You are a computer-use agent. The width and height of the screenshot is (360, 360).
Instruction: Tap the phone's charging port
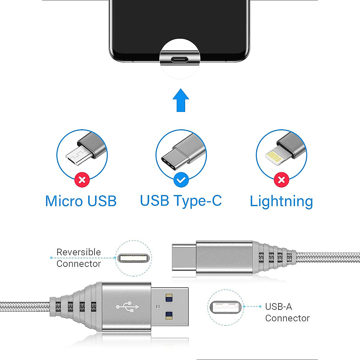(x=180, y=59)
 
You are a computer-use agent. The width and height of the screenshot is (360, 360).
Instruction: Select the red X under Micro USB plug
(x=82, y=180)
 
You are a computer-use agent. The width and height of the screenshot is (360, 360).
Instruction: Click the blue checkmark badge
(x=181, y=180)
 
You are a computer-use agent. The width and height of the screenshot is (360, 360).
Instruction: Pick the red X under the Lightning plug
(x=281, y=180)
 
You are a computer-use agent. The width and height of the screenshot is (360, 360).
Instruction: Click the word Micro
(x=64, y=201)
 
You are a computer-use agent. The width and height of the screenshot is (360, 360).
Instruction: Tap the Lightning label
(x=281, y=201)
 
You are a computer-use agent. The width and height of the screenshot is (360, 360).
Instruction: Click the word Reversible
(x=79, y=252)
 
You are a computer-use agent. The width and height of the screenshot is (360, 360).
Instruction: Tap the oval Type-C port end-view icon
(x=133, y=258)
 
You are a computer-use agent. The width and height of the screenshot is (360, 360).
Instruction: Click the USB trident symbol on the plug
(x=127, y=307)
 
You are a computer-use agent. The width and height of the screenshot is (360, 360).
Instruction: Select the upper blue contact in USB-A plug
(x=169, y=297)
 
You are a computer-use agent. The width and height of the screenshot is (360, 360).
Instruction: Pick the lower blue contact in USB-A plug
(x=169, y=315)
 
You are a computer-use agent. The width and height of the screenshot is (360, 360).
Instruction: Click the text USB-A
(x=278, y=307)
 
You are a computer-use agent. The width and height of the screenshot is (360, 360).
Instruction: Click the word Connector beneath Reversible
(x=79, y=264)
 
